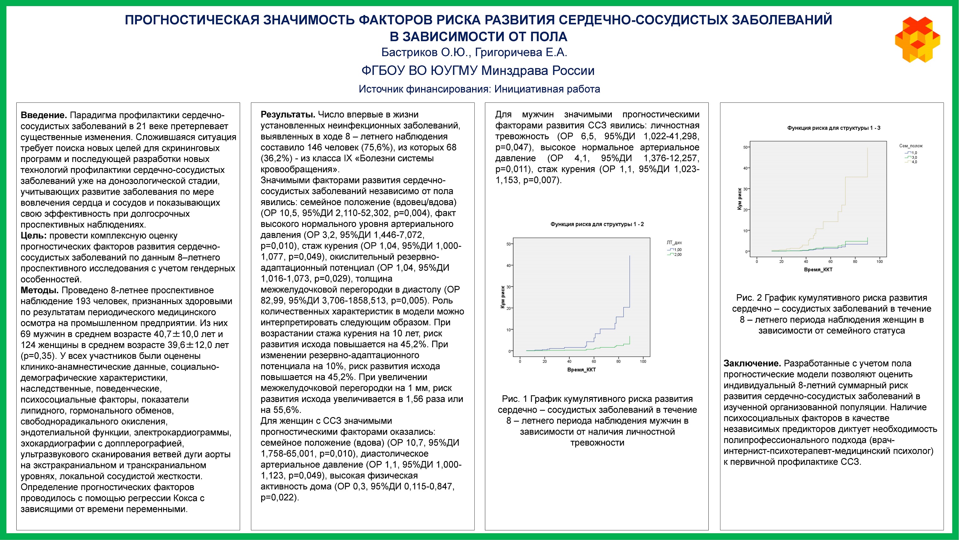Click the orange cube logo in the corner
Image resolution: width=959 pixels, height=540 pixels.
[x=917, y=39]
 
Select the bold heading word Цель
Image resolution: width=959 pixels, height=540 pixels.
[x=34, y=236]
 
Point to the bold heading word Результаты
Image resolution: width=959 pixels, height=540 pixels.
[x=288, y=114]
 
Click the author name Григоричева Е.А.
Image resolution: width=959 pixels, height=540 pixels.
[x=521, y=52]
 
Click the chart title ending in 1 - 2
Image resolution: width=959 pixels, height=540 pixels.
[x=597, y=224]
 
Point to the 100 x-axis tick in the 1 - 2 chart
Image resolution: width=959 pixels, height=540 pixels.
[x=643, y=361]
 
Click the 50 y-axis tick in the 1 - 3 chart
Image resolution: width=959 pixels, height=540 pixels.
[x=745, y=148]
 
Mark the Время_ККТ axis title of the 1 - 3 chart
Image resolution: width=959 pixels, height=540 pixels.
[x=818, y=270]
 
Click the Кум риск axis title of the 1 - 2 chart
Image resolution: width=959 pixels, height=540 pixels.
[x=503, y=297]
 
